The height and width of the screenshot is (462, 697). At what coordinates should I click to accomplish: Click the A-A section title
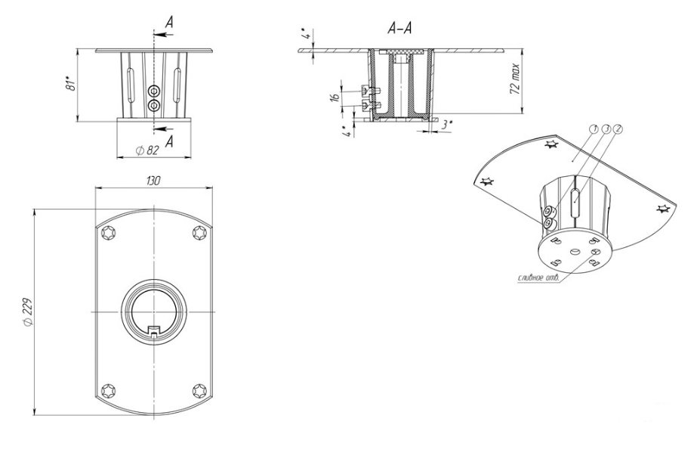[x=399, y=28]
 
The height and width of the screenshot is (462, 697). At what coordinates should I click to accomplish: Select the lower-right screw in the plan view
[x=199, y=389]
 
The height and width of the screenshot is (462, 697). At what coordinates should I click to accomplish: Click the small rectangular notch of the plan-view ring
[x=154, y=330]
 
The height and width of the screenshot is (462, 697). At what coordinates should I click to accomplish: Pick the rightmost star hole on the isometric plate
[x=663, y=209]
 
